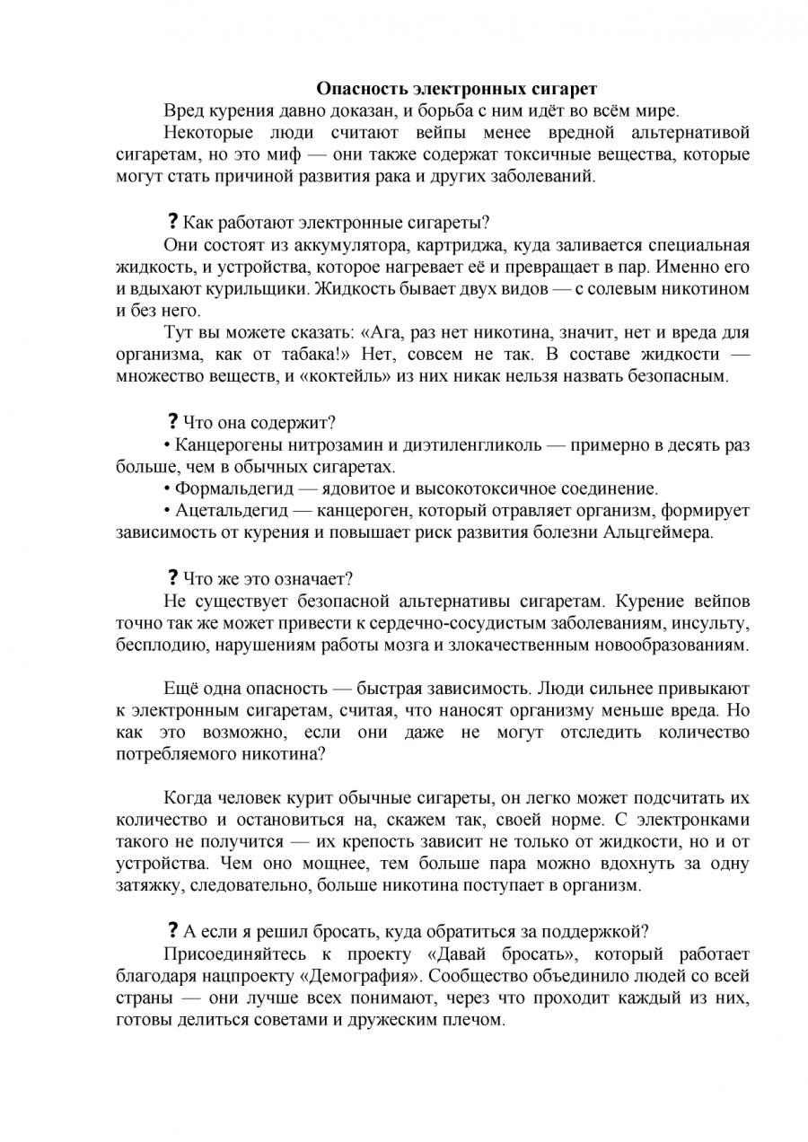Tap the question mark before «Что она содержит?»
[x=171, y=422]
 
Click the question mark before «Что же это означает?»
[x=171, y=578]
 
